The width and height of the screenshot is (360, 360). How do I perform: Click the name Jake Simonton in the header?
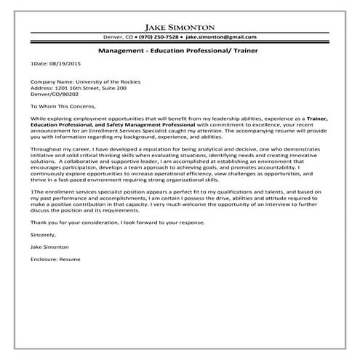coord(180,23)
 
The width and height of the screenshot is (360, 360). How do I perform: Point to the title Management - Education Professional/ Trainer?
coord(180,52)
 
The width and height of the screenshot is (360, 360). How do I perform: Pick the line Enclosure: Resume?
coord(55,259)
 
